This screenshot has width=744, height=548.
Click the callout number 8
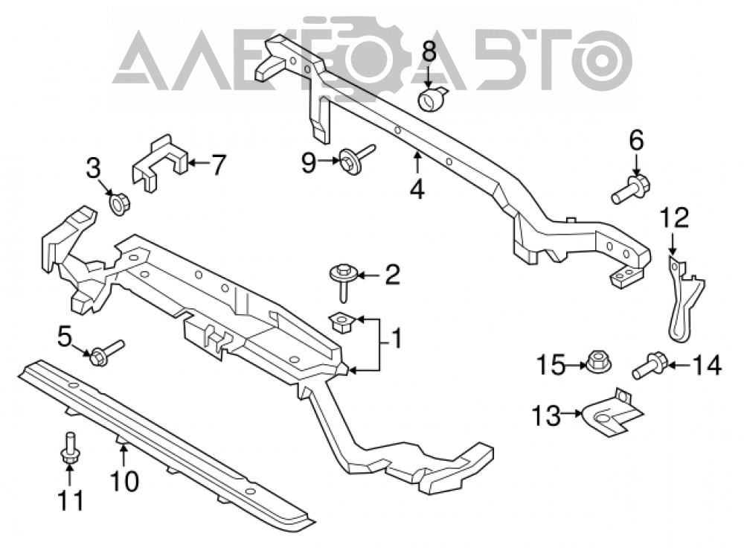pyautogui.click(x=429, y=52)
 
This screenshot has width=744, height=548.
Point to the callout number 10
pyautogui.click(x=125, y=480)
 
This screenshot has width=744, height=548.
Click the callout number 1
pyautogui.click(x=394, y=339)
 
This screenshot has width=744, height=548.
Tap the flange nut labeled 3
pyautogui.click(x=118, y=203)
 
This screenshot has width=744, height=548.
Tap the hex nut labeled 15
pyautogui.click(x=597, y=363)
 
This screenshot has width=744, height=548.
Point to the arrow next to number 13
pyautogui.click(x=571, y=414)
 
